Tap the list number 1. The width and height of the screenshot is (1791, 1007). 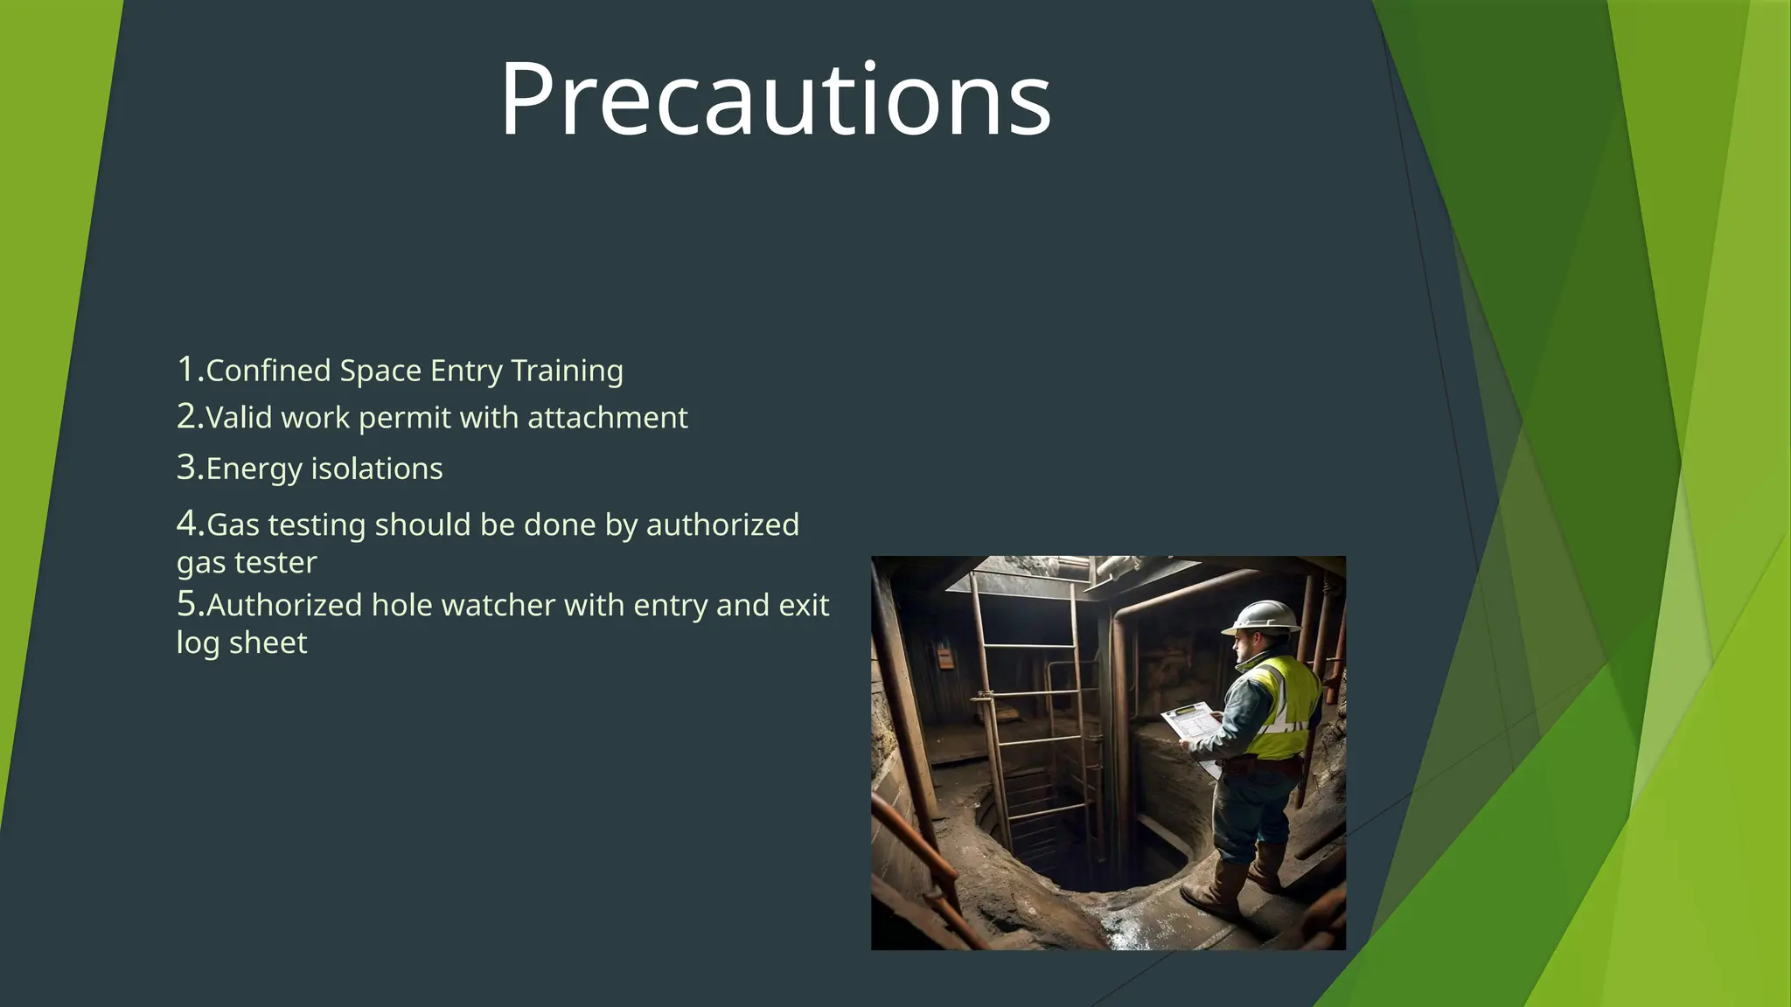(189, 369)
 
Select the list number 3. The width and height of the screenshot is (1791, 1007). (189, 468)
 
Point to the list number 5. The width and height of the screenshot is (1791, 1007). (189, 604)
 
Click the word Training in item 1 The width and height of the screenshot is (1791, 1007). (567, 371)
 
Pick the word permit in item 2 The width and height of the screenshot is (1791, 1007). (405, 419)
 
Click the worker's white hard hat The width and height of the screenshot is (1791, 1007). (1262, 615)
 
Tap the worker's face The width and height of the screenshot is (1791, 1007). (1245, 648)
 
